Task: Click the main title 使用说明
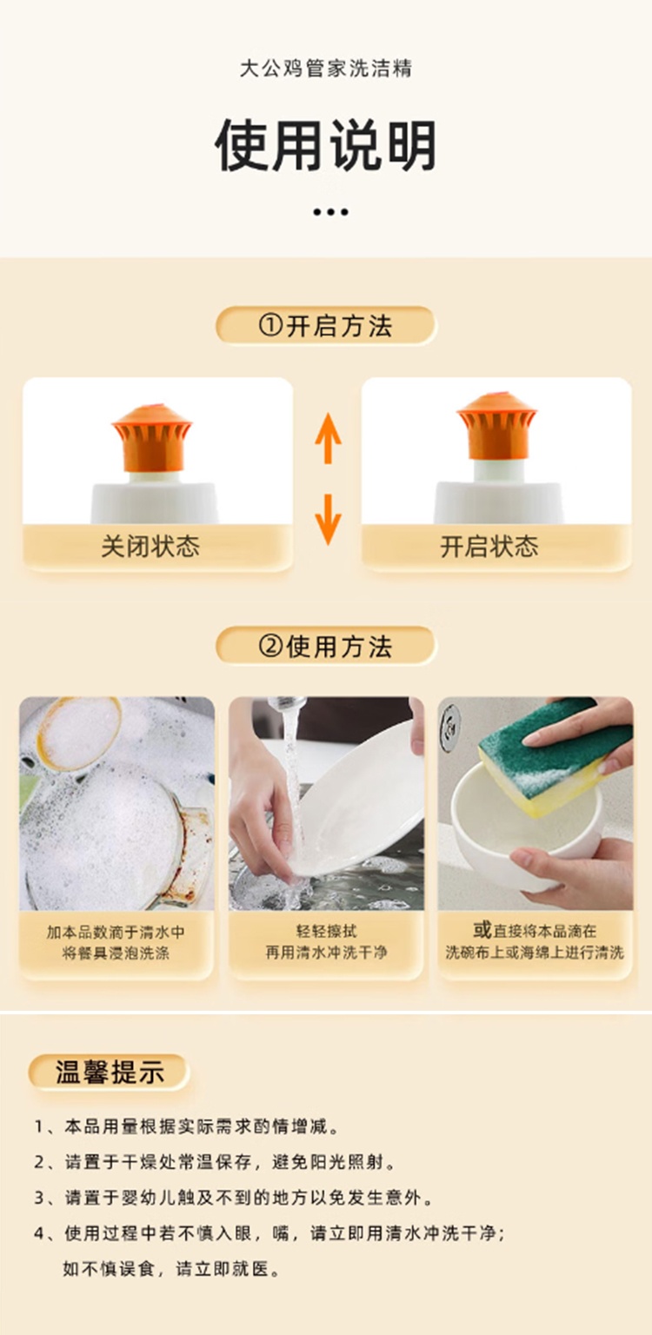click(326, 146)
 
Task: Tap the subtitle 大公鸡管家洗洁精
click(326, 69)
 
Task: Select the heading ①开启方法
click(326, 325)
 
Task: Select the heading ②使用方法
click(326, 646)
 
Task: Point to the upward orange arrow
click(328, 438)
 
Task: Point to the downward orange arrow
click(328, 520)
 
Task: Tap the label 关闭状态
click(150, 546)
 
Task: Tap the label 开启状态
click(489, 546)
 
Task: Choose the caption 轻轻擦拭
click(326, 931)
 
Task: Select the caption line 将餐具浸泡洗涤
click(116, 953)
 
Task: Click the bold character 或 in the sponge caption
click(482, 929)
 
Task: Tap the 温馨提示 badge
click(109, 1073)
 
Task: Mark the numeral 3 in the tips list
click(39, 1198)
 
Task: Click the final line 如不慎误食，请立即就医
click(171, 1269)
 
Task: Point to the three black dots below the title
click(330, 211)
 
